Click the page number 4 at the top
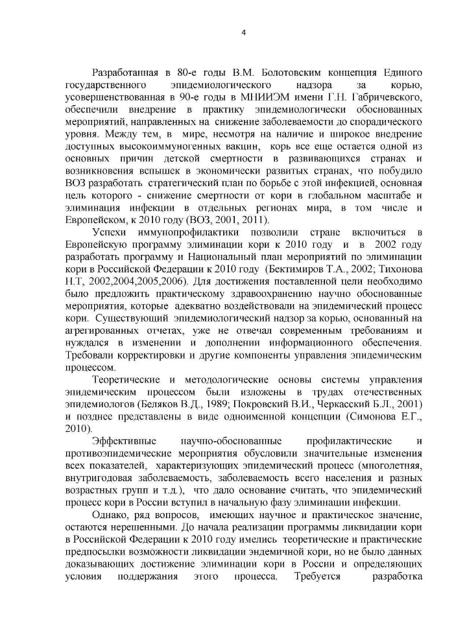click(243, 33)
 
